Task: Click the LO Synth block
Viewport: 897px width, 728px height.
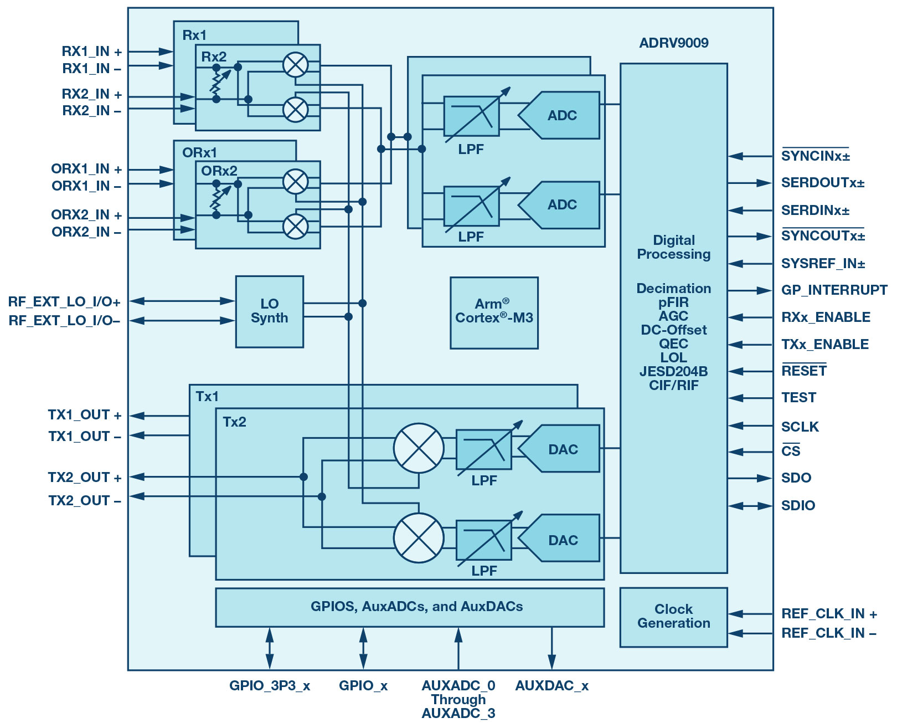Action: (270, 311)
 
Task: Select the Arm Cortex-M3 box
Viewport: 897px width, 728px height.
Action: (494, 312)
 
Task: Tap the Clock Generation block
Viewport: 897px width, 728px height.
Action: (673, 617)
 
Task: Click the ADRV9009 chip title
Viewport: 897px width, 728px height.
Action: (674, 43)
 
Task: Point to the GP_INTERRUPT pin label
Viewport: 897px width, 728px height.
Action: (834, 290)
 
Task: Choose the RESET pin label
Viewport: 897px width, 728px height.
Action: (804, 370)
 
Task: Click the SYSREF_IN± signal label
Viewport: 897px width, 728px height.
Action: (823, 263)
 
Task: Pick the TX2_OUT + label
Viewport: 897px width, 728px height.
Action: (85, 477)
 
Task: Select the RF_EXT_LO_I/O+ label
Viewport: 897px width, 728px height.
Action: (64, 301)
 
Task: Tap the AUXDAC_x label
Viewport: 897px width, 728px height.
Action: (551, 686)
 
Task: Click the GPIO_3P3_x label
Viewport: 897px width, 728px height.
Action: (270, 686)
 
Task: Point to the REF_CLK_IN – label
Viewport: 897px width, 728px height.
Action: (829, 633)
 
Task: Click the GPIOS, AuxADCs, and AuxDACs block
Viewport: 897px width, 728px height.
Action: (410, 607)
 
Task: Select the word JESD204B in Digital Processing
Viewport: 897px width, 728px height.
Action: (673, 371)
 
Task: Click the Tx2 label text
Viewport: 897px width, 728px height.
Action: (234, 422)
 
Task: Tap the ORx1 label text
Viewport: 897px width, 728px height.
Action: (199, 152)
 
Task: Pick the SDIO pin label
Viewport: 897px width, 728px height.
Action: (798, 505)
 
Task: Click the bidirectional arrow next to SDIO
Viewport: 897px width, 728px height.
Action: (750, 505)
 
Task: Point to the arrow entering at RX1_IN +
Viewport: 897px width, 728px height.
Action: (151, 52)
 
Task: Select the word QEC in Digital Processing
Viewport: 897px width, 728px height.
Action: (673, 344)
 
